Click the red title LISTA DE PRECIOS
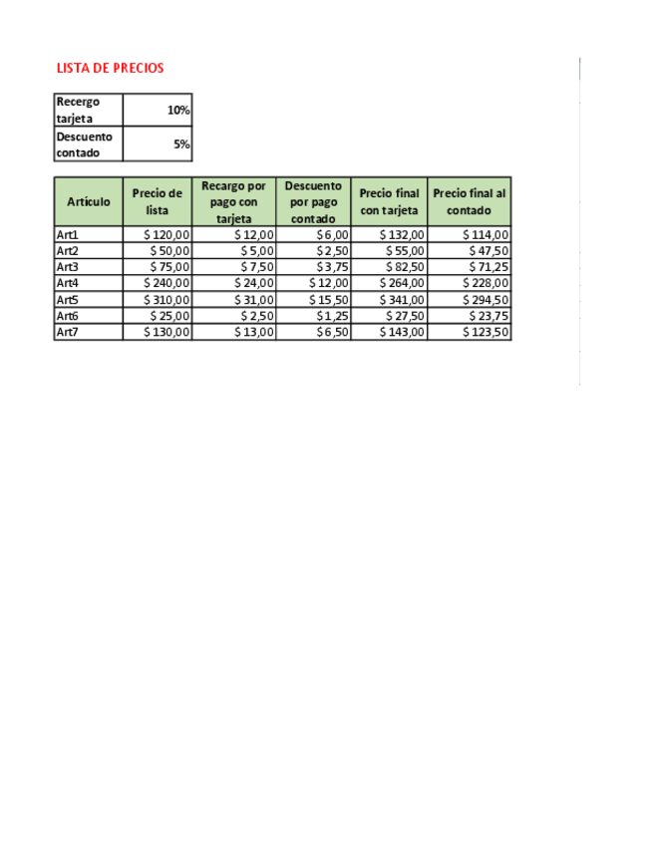[111, 68]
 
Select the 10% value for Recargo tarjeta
[178, 110]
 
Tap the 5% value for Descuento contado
[181, 144]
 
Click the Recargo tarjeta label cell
[88, 110]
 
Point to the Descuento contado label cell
[88, 144]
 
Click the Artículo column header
[89, 201]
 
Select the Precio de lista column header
[158, 201]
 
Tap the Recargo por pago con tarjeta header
[233, 201]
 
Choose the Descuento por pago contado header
[313, 201]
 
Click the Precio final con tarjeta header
[389, 201]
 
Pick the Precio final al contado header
[469, 201]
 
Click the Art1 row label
[68, 235]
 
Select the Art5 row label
[68, 300]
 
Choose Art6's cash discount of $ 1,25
[332, 316]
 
